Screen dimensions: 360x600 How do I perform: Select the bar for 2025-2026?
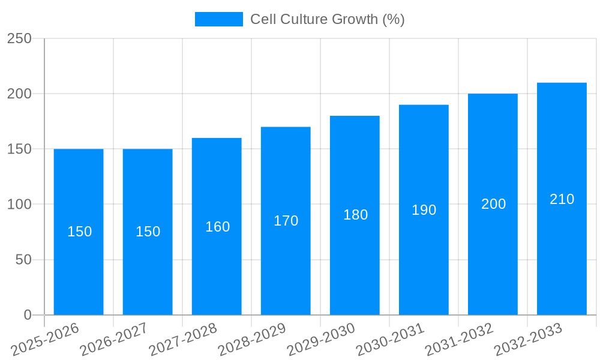click(x=79, y=270)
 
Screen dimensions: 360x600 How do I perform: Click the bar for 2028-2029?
click(x=286, y=264)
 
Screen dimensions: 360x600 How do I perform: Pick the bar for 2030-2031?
click(x=424, y=264)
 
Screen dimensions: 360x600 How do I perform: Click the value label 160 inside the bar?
click(x=217, y=227)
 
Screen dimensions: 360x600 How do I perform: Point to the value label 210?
click(x=562, y=199)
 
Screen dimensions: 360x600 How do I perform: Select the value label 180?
click(x=355, y=215)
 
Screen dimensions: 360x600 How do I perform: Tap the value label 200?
click(x=493, y=204)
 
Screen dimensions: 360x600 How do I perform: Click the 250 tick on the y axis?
click(x=19, y=38)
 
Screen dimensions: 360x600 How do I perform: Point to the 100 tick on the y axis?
click(x=19, y=205)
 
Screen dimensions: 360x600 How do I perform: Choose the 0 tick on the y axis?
click(x=28, y=315)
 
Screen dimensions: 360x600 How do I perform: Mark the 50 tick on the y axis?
click(x=23, y=260)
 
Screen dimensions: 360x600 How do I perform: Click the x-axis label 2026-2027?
click(x=113, y=340)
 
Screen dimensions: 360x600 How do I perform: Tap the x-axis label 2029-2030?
click(x=320, y=340)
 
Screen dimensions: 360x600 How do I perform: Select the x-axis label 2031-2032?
click(x=458, y=340)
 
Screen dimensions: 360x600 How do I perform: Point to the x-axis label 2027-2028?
click(x=182, y=340)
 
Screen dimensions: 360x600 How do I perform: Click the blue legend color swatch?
click(x=219, y=19)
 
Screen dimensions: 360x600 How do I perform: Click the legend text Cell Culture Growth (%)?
click(x=327, y=19)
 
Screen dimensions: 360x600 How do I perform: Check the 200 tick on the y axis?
click(x=19, y=94)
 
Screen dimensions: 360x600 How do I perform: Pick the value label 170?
click(x=286, y=221)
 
